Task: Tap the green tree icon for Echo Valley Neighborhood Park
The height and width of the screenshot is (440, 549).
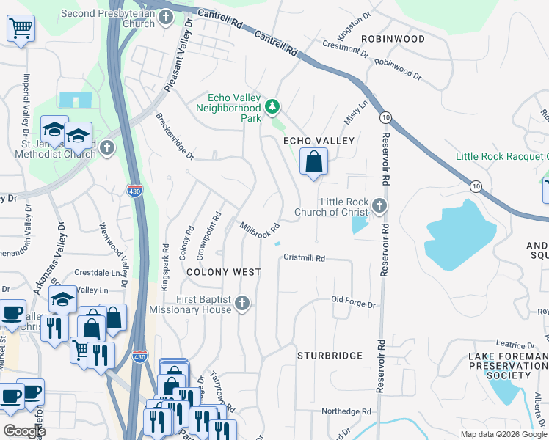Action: pos(273,108)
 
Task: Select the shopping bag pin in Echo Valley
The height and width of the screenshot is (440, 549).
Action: pos(313,161)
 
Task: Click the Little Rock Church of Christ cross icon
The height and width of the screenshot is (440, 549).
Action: pos(379,206)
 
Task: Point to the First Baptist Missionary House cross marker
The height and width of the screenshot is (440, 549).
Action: pos(243,304)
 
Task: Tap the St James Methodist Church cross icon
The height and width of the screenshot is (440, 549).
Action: pos(107,148)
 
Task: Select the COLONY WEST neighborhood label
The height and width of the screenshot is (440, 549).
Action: pos(223,272)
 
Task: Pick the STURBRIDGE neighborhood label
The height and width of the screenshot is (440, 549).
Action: pos(330,356)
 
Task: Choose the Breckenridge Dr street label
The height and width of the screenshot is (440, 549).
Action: pos(175,136)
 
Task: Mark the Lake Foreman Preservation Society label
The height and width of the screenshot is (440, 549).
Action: pos(508,365)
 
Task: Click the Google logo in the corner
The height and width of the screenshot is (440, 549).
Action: pos(24,431)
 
